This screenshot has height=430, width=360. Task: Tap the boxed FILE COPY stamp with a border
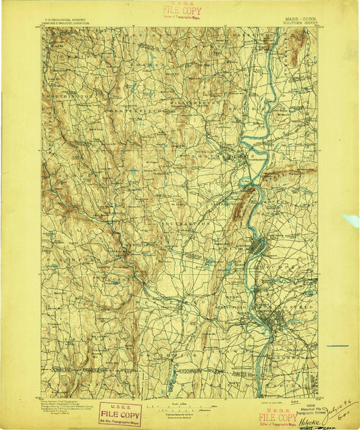(x=120, y=413)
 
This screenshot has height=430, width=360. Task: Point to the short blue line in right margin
(x=339, y=346)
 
